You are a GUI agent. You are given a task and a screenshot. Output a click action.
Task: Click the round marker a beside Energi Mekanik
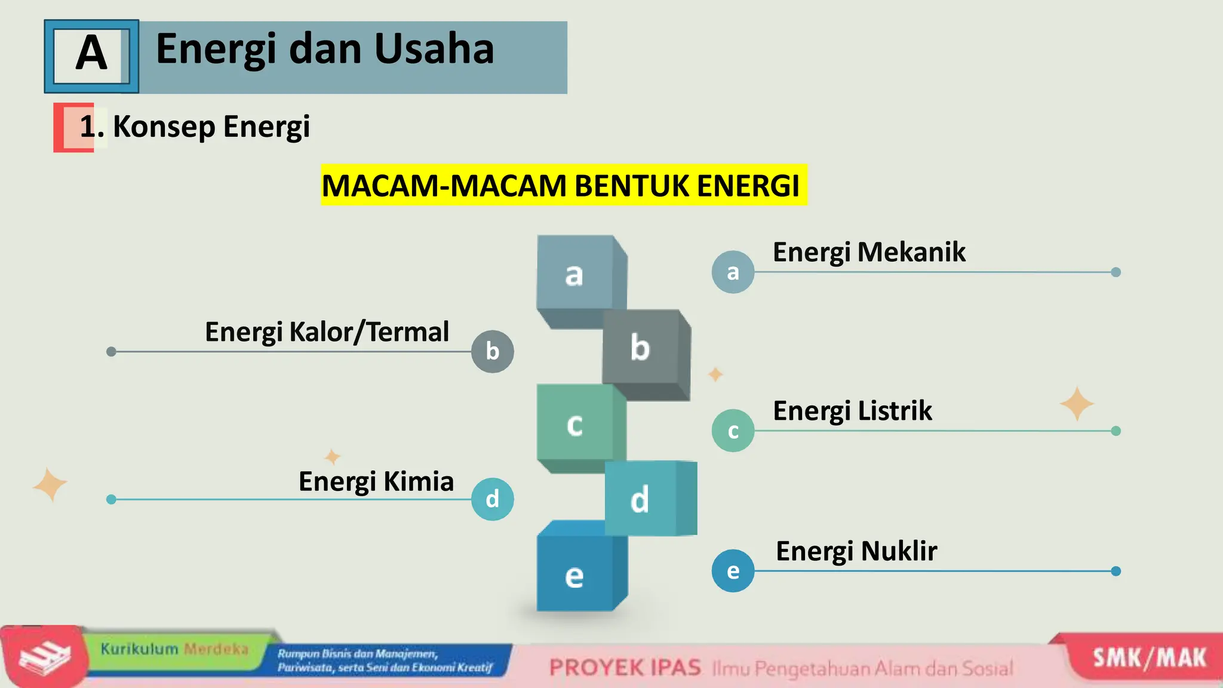(x=733, y=272)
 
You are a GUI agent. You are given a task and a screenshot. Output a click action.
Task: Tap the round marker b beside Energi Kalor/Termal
(x=492, y=352)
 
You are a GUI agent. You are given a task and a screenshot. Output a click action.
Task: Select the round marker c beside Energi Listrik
(x=733, y=431)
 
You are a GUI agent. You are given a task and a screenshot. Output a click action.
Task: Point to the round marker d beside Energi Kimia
(x=492, y=499)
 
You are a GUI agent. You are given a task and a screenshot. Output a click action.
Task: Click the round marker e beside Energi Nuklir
(x=733, y=571)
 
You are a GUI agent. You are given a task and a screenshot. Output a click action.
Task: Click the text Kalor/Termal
(x=369, y=332)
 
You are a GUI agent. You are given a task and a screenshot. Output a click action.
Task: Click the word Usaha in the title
(x=434, y=49)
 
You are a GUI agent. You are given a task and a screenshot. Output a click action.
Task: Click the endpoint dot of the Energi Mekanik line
(x=1116, y=272)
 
